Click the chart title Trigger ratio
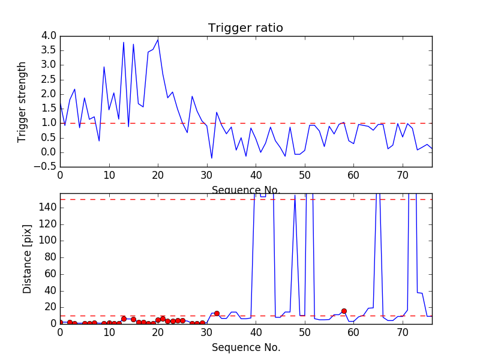[x=245, y=28]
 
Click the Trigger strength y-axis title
[x=22, y=101]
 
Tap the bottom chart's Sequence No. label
[x=245, y=347]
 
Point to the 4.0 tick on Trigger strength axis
[x=49, y=36]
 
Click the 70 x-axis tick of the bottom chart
[x=403, y=332]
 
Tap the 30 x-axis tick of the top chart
[x=207, y=175]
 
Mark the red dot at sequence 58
[x=344, y=311]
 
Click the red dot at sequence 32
[x=217, y=313]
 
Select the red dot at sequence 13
[x=124, y=319]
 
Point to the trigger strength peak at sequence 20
[x=158, y=39]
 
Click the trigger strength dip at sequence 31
[x=212, y=158]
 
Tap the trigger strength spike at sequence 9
[x=104, y=67]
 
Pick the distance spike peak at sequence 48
[x=295, y=195]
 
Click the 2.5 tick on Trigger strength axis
[x=49, y=80]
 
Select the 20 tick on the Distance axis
[x=50, y=307]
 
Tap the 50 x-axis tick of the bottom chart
[x=305, y=332]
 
